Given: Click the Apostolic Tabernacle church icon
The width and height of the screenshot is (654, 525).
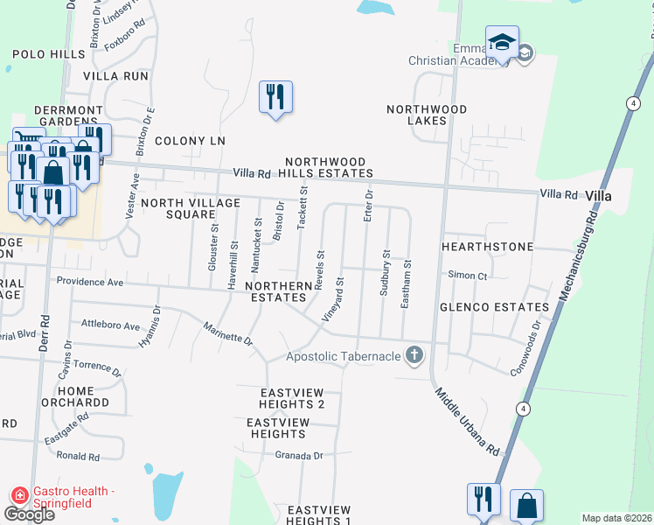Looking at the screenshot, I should pyautogui.click(x=414, y=356).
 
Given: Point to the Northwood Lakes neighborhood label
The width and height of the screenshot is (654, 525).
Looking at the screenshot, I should pyautogui.click(x=426, y=115).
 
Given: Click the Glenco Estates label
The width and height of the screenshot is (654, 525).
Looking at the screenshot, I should pyautogui.click(x=506, y=307).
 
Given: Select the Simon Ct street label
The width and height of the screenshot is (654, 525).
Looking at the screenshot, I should pyautogui.click(x=467, y=276).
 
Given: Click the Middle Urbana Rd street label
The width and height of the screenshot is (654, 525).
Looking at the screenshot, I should pyautogui.click(x=469, y=422).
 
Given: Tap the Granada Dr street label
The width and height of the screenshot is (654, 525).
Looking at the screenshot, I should pyautogui.click(x=299, y=456).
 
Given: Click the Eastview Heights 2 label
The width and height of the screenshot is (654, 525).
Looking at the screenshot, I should pyautogui.click(x=292, y=398).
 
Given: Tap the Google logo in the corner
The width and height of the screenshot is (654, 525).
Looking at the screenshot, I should pyautogui.click(x=29, y=514).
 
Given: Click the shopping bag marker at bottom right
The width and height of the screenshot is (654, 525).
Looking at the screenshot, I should pyautogui.click(x=526, y=505).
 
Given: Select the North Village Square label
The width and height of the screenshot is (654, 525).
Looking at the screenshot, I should pyautogui.click(x=191, y=209).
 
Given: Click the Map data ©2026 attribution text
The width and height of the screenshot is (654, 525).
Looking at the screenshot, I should pyautogui.click(x=616, y=518).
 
